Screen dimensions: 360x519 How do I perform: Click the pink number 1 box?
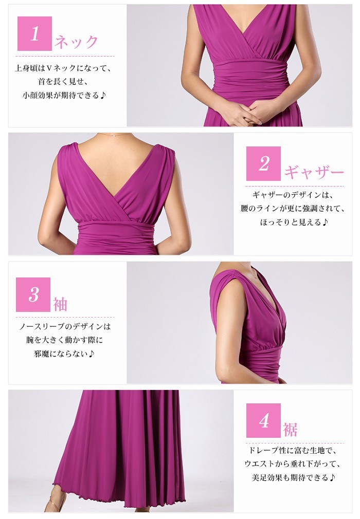pyautogui.click(x=34, y=33)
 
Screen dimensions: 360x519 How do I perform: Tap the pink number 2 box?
pyautogui.click(x=263, y=163)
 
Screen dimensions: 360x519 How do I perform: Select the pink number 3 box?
pyautogui.click(x=33, y=294)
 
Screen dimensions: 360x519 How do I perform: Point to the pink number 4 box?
pyautogui.click(x=263, y=420)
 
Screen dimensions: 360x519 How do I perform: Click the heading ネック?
pyautogui.click(x=76, y=42)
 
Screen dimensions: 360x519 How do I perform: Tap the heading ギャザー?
pyautogui.click(x=314, y=172)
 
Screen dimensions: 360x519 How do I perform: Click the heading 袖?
pyautogui.click(x=60, y=304)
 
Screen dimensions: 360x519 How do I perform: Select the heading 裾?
pyautogui.click(x=290, y=430)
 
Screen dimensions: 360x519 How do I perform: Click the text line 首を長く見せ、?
pyautogui.click(x=63, y=82)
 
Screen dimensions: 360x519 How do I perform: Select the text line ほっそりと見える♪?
pyautogui.click(x=294, y=222)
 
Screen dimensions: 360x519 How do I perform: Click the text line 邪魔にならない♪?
pyautogui.click(x=64, y=354)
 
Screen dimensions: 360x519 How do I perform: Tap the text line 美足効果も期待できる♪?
pyautogui.click(x=294, y=477)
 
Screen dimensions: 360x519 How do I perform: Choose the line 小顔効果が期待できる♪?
pyautogui.click(x=64, y=96)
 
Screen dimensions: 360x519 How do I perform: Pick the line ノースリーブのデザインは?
pyautogui.click(x=65, y=326)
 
